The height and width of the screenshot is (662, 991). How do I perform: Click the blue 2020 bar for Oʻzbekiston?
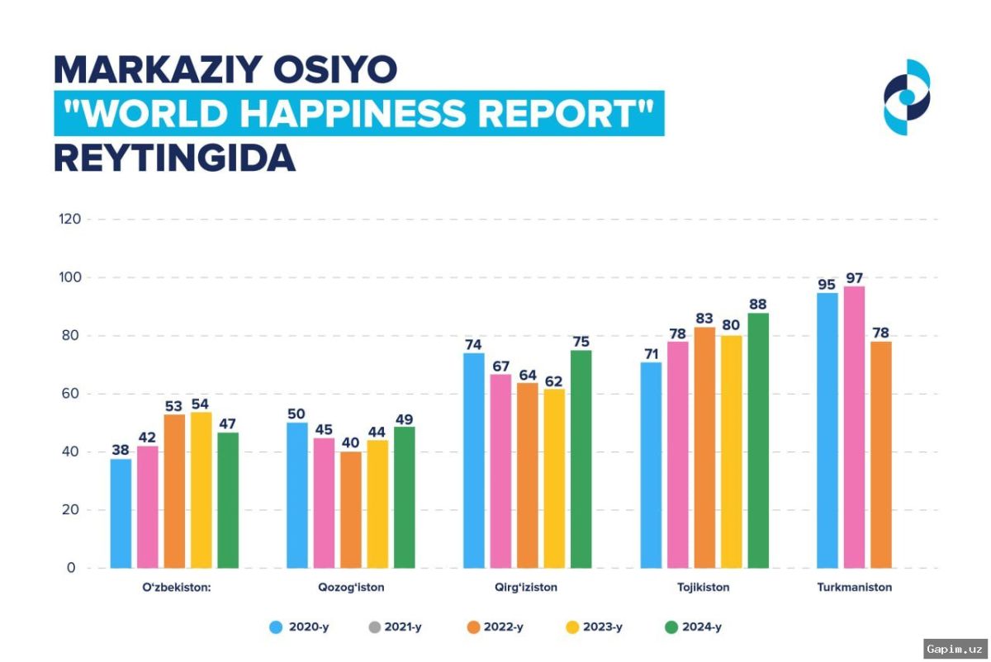121,513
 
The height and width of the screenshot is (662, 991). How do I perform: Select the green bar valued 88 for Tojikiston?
758,441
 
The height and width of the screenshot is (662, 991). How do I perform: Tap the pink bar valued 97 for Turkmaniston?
854,428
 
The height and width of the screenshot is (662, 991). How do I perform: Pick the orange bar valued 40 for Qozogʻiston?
351,510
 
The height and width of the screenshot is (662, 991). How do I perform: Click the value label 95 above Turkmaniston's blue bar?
827,283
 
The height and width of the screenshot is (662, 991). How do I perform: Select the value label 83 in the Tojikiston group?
704,317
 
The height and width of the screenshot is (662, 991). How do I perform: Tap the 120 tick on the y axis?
69,220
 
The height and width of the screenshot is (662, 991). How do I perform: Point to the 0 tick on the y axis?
72,568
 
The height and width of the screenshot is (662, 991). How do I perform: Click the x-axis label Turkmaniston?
854,588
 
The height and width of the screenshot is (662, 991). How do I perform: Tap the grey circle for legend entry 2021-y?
375,627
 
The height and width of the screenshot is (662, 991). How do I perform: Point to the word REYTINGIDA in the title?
174,158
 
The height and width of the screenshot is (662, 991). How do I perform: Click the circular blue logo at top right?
906,97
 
